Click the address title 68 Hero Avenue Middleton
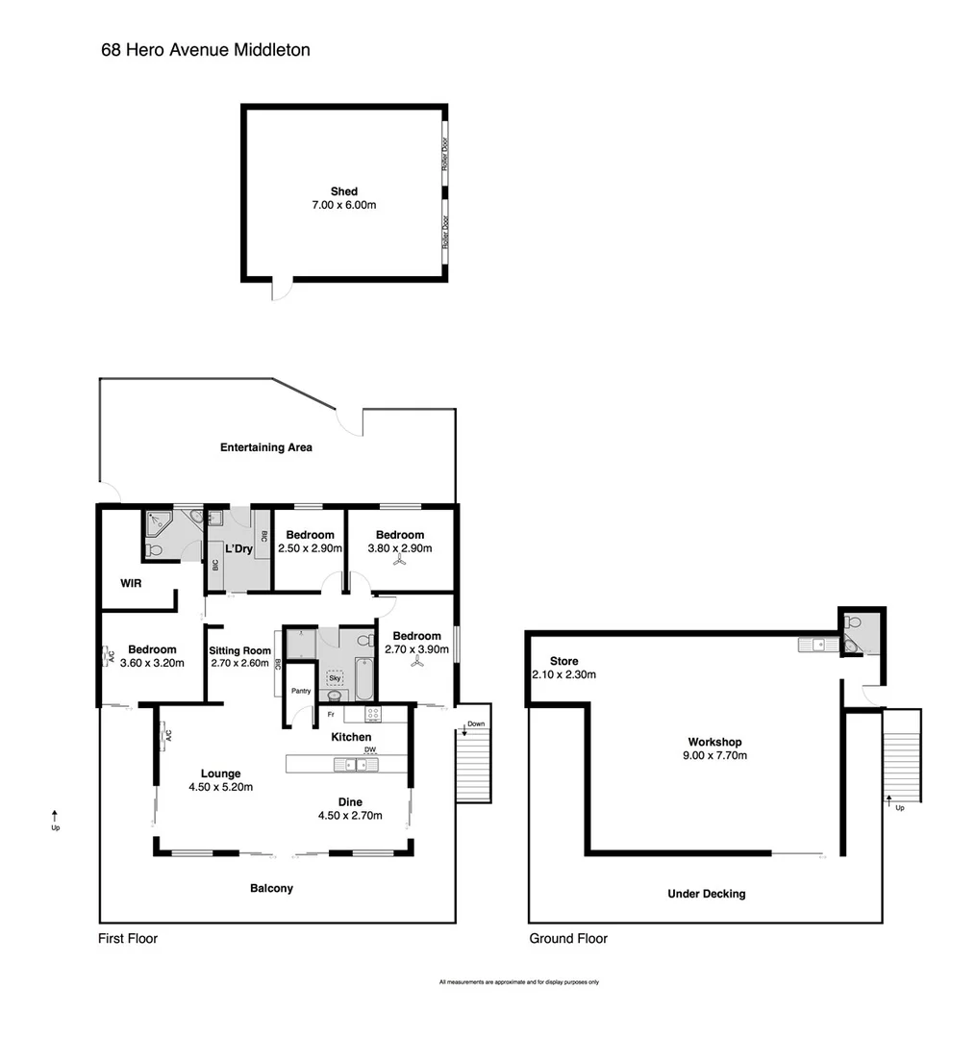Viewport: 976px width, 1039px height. click(206, 50)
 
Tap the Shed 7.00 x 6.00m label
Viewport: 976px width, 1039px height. click(343, 198)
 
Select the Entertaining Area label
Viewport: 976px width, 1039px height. click(265, 447)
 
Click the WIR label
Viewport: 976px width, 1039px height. click(132, 583)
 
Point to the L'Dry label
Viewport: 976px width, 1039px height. click(238, 549)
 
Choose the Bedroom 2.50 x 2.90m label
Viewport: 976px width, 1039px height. click(310, 542)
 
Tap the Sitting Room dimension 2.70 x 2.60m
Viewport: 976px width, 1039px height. click(240, 663)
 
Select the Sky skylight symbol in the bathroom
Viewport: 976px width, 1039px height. click(335, 677)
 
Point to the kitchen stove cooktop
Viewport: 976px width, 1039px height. click(371, 715)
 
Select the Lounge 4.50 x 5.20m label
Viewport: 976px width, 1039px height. click(220, 779)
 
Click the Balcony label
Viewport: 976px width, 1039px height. click(271, 888)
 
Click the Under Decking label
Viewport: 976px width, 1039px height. click(706, 894)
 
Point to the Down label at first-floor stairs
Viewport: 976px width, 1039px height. click(476, 724)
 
